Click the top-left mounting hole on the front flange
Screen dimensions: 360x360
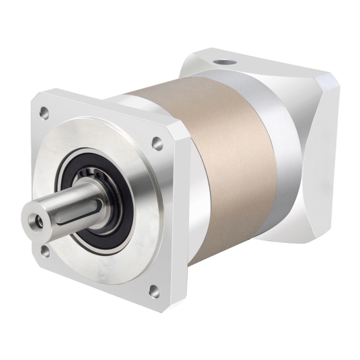[43, 109]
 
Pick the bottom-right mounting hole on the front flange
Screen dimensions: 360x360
[155, 289]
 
